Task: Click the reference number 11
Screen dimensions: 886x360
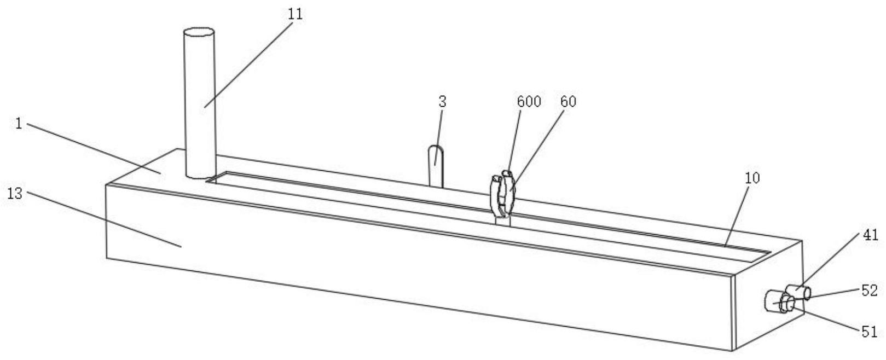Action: (x=295, y=14)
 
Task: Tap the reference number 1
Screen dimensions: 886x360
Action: (x=19, y=124)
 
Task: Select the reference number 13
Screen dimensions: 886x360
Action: (x=15, y=194)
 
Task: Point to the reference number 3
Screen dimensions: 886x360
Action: (x=442, y=102)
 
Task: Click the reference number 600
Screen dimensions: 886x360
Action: (x=529, y=102)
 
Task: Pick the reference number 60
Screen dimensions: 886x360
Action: (x=568, y=102)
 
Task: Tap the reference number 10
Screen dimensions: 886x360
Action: (x=752, y=178)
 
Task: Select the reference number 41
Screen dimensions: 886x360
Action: (x=871, y=235)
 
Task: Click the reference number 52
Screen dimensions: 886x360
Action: (x=870, y=291)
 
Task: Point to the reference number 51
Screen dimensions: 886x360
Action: (x=870, y=332)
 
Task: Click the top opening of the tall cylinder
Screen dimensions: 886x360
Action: (x=199, y=32)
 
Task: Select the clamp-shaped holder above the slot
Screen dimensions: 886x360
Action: (x=502, y=194)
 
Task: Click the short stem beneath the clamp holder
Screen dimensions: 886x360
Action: (x=503, y=220)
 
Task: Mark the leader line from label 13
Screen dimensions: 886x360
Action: (x=105, y=219)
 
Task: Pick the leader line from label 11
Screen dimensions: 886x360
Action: (x=248, y=64)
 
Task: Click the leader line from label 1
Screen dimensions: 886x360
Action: (x=94, y=149)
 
